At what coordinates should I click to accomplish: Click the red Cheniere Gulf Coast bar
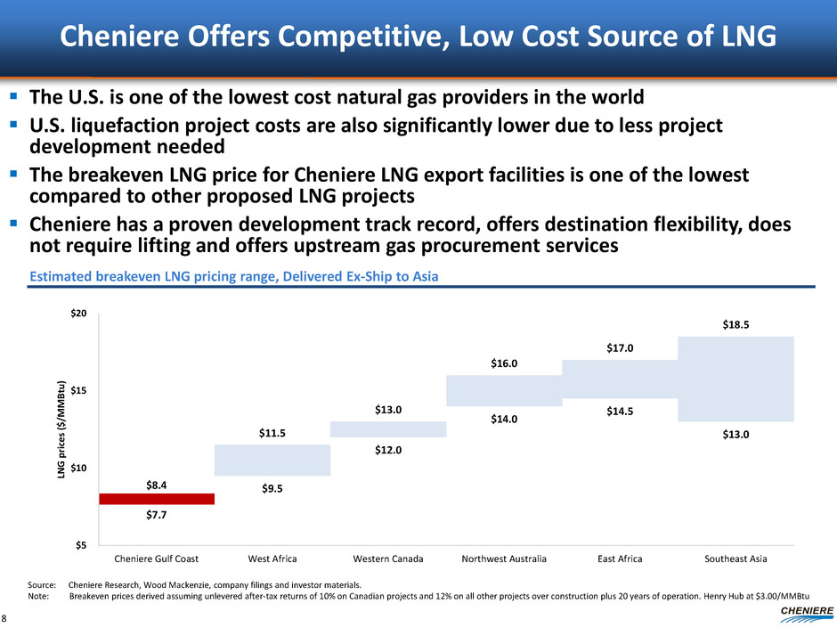pyautogui.click(x=157, y=499)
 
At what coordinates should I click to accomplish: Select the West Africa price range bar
pyautogui.click(x=272, y=460)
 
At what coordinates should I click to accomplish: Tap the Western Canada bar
pyautogui.click(x=388, y=429)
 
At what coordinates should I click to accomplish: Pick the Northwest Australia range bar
pyautogui.click(x=504, y=390)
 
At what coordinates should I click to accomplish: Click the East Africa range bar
pyautogui.click(x=620, y=379)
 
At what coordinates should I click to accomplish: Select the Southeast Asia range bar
pyautogui.click(x=735, y=379)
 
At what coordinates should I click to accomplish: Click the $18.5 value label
pyautogui.click(x=735, y=326)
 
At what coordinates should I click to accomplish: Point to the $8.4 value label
pyautogui.click(x=157, y=485)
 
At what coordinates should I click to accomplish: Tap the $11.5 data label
pyautogui.click(x=272, y=434)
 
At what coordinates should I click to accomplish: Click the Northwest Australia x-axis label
pyautogui.click(x=504, y=559)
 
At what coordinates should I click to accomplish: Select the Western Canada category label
pyautogui.click(x=388, y=559)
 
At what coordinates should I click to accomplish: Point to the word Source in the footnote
pyautogui.click(x=42, y=584)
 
